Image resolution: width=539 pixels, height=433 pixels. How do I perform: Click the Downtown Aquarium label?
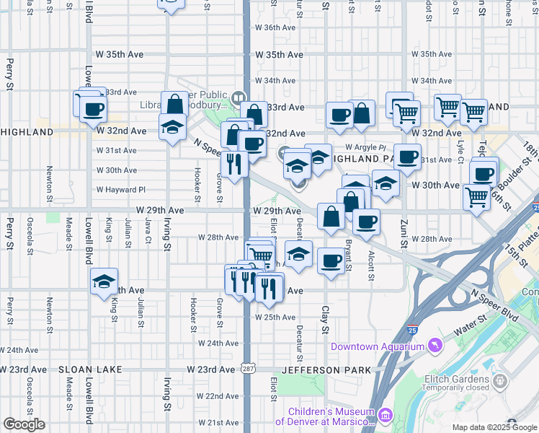click(x=377, y=347)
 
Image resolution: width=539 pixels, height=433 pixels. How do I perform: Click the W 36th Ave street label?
click(x=276, y=27)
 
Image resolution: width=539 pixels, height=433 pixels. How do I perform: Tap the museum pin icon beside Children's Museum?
click(x=385, y=416)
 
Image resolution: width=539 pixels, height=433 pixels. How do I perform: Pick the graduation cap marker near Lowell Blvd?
click(x=104, y=281)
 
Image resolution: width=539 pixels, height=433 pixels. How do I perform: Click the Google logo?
click(x=24, y=424)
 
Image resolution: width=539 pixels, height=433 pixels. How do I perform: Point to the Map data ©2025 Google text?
click(x=494, y=427)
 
